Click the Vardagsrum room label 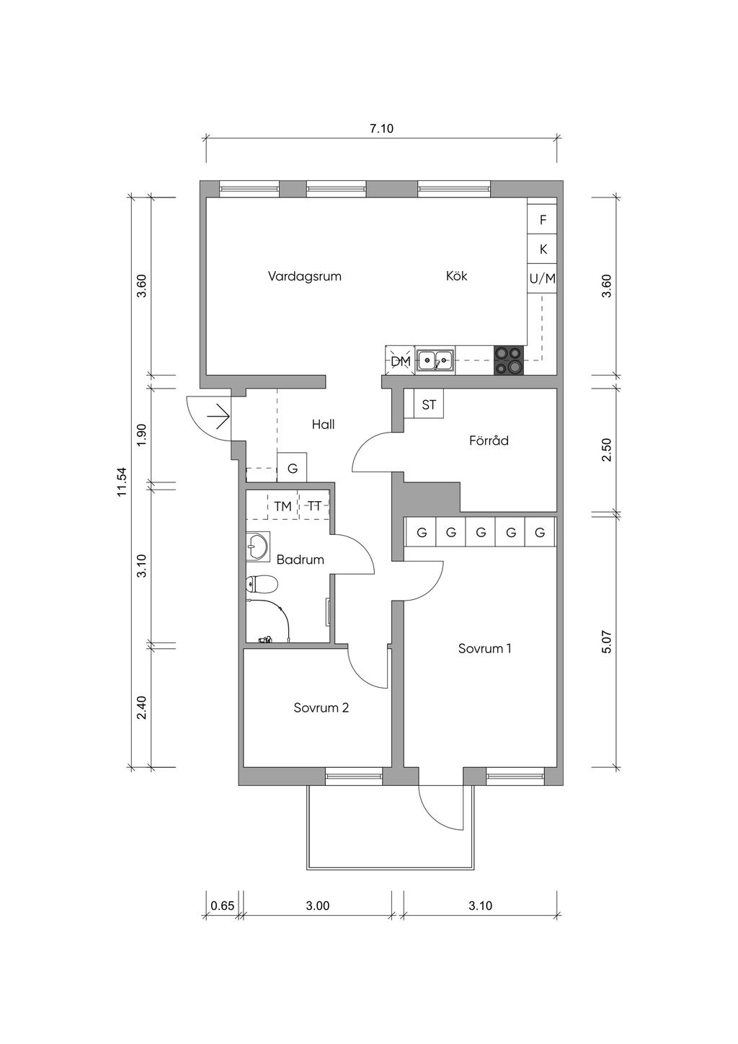click(305, 276)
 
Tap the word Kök click(457, 275)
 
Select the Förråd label click(489, 440)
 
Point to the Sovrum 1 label click(485, 648)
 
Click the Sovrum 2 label click(321, 707)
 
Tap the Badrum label click(300, 559)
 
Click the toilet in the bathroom click(262, 585)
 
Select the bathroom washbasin click(257, 545)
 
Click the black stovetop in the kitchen click(508, 360)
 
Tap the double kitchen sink click(435, 360)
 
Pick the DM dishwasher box click(400, 360)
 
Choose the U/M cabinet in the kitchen click(542, 278)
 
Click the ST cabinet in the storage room click(429, 404)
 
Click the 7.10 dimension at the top click(382, 128)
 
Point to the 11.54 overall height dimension click(123, 482)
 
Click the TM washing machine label click(283, 506)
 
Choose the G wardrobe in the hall click(292, 467)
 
